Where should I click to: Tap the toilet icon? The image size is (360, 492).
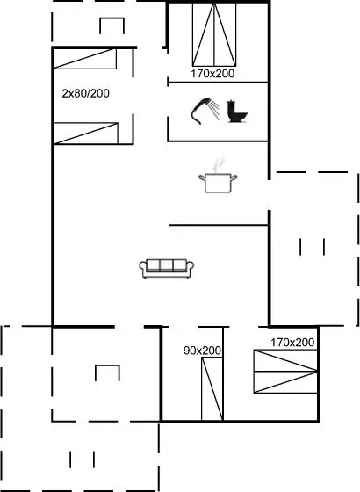(x=237, y=111)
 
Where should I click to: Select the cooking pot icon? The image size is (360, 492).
(x=218, y=183)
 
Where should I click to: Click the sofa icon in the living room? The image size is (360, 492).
(x=167, y=269)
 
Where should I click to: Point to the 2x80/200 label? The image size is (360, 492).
(x=86, y=93)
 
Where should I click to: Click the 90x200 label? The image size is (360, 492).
(x=202, y=351)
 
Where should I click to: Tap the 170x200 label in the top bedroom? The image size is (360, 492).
(x=212, y=74)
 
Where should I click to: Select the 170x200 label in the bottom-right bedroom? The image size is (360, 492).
(x=292, y=343)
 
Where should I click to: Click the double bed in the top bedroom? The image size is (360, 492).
(x=214, y=34)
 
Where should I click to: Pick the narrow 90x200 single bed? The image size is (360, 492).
(x=212, y=388)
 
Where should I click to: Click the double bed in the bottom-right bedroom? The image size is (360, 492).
(x=285, y=371)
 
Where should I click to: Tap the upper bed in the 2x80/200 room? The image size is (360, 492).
(x=86, y=59)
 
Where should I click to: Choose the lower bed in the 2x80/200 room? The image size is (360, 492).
(x=86, y=134)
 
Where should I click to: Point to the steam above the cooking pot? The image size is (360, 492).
(x=219, y=164)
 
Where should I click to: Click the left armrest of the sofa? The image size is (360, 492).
(x=143, y=267)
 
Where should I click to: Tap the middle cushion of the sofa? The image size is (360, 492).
(x=167, y=265)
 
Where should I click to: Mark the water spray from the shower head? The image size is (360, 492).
(x=214, y=110)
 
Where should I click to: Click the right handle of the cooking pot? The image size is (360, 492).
(x=234, y=178)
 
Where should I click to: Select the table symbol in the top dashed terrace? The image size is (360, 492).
(x=112, y=25)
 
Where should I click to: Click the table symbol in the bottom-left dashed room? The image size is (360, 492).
(x=107, y=373)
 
